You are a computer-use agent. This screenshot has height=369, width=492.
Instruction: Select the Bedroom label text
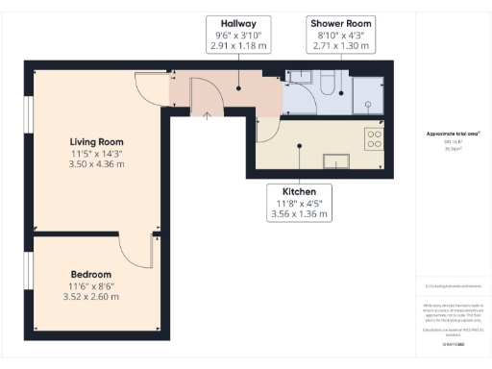[x=90, y=274]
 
